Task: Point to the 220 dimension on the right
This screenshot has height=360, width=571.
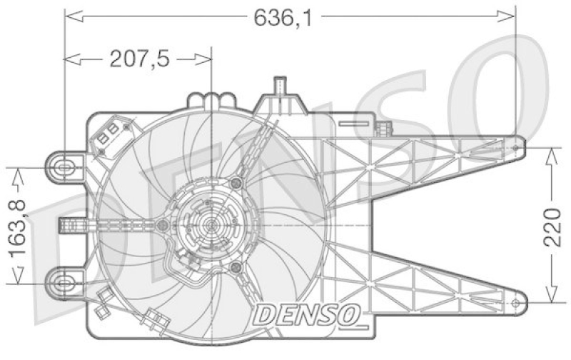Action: coord(552,224)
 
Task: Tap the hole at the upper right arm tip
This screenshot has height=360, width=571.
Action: coord(515,148)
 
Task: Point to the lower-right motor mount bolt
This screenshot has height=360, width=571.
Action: coord(237,267)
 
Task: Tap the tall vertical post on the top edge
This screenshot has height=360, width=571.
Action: coord(280,91)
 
